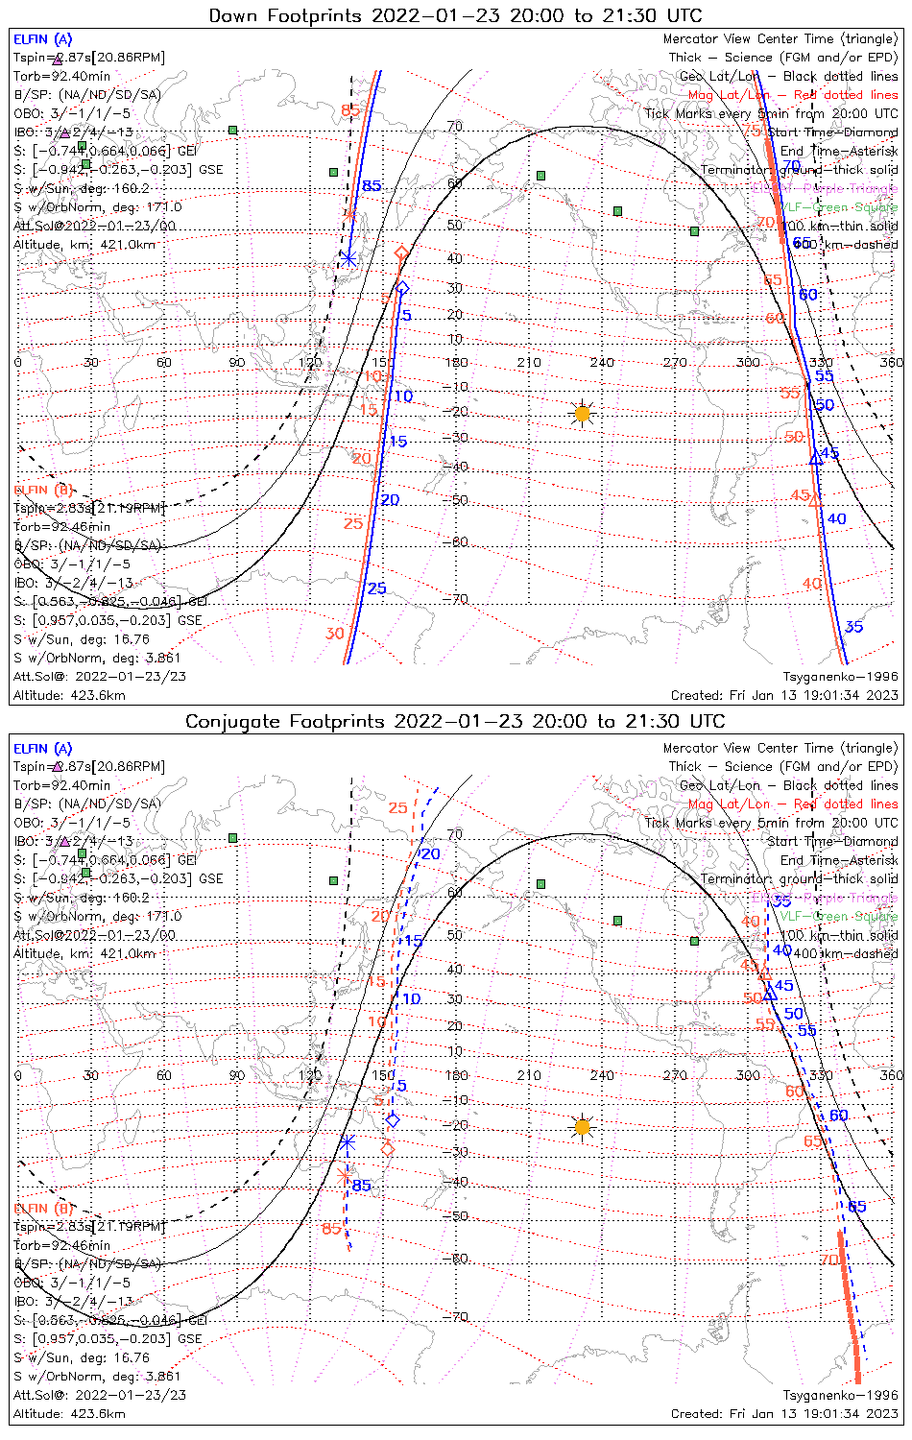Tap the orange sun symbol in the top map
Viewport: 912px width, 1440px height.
(x=582, y=414)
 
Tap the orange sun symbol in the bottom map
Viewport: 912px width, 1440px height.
(x=582, y=1126)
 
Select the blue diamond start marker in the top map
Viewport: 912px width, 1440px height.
(x=403, y=288)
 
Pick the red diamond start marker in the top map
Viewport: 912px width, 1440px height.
(x=402, y=253)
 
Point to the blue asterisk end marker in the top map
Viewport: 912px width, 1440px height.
(x=348, y=258)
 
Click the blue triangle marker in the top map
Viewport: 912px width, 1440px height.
(x=816, y=458)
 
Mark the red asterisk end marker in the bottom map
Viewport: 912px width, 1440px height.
(x=345, y=1175)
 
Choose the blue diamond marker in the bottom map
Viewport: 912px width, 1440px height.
(x=392, y=1119)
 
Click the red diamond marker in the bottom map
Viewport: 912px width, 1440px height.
(x=388, y=1148)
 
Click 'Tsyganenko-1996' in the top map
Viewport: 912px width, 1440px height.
(x=840, y=677)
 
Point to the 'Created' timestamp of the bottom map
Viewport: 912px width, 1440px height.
(x=784, y=1413)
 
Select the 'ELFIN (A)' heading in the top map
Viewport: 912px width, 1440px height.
(x=42, y=39)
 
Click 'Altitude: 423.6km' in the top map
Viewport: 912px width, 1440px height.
(x=69, y=695)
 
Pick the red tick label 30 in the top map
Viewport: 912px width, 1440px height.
(x=334, y=634)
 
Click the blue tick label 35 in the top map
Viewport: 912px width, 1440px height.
(x=853, y=627)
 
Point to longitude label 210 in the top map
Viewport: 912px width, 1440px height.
(x=529, y=363)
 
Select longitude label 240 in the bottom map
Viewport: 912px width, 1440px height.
(x=602, y=1075)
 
